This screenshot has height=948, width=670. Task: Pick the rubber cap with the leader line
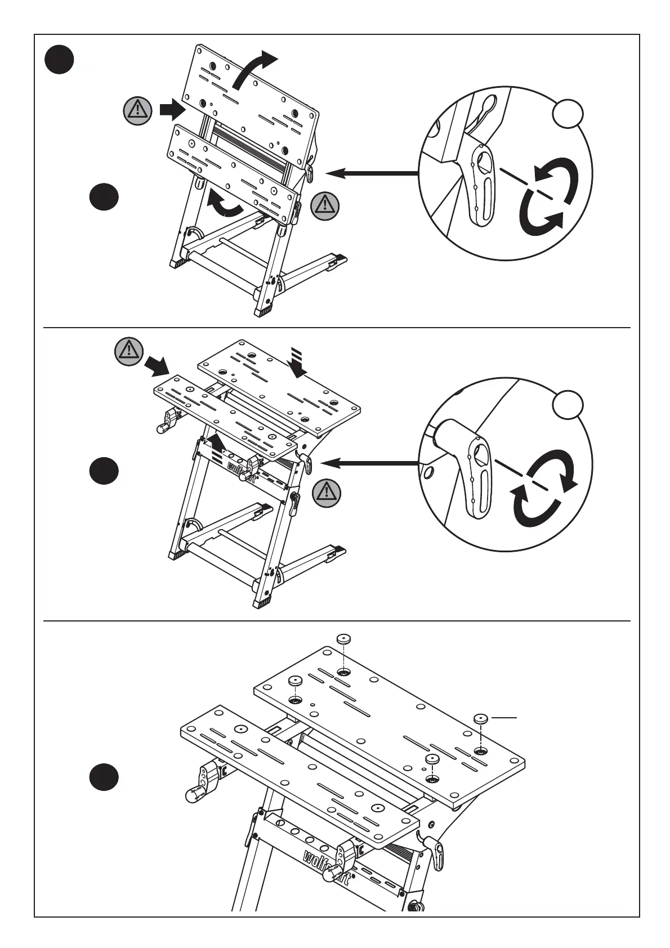[481, 718]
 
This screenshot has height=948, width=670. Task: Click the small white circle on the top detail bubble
[568, 114]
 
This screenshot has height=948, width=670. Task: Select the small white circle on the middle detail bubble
[568, 405]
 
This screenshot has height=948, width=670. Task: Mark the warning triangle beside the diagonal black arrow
[129, 351]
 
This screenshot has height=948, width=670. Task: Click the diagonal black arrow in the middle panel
[157, 366]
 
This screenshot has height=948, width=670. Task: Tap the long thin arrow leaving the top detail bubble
[372, 174]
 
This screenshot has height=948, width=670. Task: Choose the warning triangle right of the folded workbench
[325, 205]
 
